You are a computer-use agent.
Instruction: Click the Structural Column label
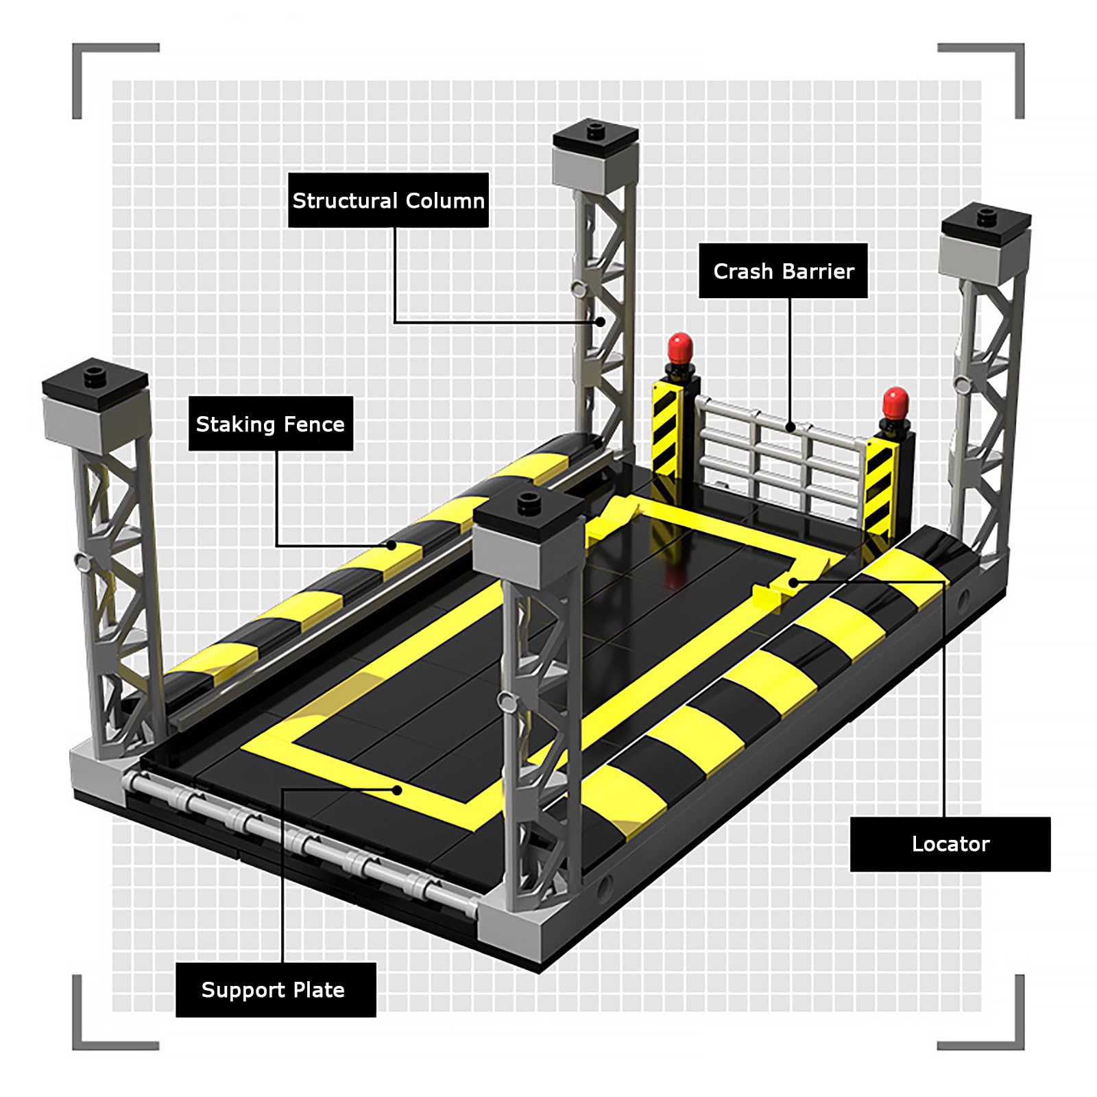[388, 200]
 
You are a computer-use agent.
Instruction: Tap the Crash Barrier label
[783, 271]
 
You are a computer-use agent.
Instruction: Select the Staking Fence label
[271, 424]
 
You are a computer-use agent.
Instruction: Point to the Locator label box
[950, 844]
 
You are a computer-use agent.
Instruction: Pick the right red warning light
[895, 403]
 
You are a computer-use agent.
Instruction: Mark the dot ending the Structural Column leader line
[600, 321]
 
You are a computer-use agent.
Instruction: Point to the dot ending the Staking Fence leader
[391, 546]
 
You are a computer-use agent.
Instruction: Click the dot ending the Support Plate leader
[397, 790]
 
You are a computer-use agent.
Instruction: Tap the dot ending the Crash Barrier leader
[790, 427]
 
